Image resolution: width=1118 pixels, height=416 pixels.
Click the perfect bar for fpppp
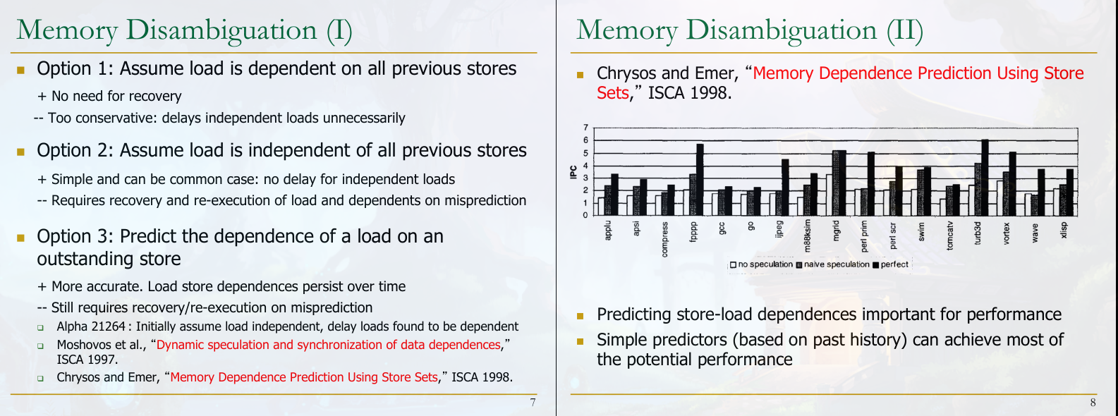tap(700, 180)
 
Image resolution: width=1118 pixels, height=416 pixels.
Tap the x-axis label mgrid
tap(836, 231)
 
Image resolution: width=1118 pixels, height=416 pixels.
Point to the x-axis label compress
tap(664, 240)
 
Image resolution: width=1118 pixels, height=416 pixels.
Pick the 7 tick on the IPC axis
tap(585, 128)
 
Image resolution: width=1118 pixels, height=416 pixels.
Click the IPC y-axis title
tap(573, 172)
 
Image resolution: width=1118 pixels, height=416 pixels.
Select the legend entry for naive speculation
tap(832, 264)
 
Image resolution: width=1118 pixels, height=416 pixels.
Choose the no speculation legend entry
tap(761, 264)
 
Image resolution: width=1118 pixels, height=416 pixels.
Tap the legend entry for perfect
tap(890, 264)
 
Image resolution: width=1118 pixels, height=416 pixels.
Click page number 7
tap(533, 403)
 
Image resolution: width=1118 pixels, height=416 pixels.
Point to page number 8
tap(1093, 403)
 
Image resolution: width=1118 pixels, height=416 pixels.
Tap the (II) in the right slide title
tap(905, 31)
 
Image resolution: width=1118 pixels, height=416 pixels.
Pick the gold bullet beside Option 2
tap(20, 152)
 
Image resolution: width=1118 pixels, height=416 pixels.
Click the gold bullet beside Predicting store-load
tap(580, 316)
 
